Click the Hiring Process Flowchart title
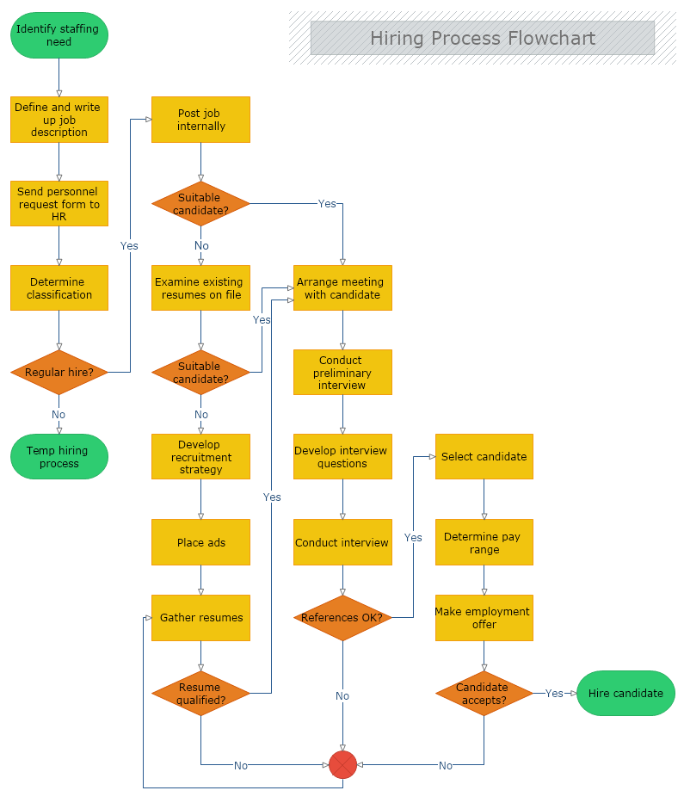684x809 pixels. pos(482,38)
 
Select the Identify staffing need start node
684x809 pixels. pos(59,35)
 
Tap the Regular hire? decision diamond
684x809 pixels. pos(59,373)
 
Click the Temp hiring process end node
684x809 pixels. pos(59,457)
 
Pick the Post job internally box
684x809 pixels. pos(200,120)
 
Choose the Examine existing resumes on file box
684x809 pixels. pos(200,288)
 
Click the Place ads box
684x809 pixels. pos(200,542)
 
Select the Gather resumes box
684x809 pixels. pos(200,618)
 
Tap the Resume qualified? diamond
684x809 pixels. pos(200,694)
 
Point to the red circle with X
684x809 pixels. pos(342,764)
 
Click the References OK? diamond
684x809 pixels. pos(342,618)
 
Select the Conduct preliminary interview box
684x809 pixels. pos(342,373)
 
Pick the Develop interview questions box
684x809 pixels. pos(342,457)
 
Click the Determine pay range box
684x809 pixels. pos(484,542)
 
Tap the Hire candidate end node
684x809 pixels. pos(625,694)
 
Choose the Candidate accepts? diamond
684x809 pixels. pos(484,694)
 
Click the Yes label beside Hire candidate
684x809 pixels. pos(554,694)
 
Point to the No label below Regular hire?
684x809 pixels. pos(59,415)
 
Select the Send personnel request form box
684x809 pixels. pos(59,204)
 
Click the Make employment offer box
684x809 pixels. pos(484,618)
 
